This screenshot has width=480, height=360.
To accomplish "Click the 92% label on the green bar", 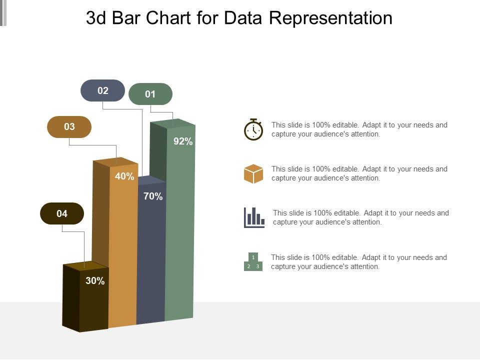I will point(183,141).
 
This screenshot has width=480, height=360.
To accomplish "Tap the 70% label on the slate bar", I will point(153,196).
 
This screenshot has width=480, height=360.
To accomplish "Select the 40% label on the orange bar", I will point(124,176).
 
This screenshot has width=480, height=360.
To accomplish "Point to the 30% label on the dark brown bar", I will point(95,281).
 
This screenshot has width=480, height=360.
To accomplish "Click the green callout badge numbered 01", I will point(150,94).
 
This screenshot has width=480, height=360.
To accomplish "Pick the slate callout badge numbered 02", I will point(103,90).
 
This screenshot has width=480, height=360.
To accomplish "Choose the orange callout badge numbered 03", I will point(69,127).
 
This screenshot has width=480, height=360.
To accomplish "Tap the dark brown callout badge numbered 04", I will point(62,213).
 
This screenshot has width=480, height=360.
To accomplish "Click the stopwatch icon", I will point(253,129).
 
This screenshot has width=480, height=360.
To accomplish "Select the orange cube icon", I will point(253,173).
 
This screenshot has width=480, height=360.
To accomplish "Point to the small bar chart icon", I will point(254,217).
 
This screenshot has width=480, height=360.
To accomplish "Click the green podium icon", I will point(253,261).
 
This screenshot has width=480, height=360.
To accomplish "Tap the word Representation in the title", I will point(331,18).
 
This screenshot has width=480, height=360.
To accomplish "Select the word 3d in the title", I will point(96,18).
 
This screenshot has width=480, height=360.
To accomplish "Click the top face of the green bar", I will point(173,123).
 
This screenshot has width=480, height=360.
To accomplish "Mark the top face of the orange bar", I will point(116,161).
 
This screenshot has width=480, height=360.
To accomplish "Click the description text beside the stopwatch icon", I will point(359,129).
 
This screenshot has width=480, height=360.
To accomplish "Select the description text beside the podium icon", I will point(358,262).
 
